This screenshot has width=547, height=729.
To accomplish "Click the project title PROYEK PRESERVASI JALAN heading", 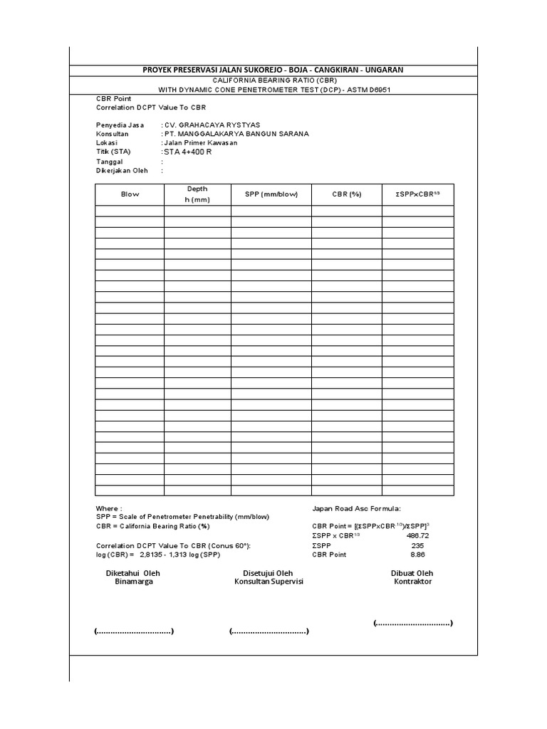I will tap(273, 69).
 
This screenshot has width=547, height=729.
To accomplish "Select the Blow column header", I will tap(130, 194).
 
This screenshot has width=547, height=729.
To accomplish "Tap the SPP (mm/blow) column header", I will tap(271, 194).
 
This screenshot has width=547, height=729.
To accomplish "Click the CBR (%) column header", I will tap(346, 194).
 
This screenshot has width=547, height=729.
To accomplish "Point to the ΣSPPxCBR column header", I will tap(417, 194).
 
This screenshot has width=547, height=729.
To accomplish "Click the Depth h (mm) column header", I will tap(197, 194).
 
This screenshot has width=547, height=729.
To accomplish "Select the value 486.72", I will tap(417, 535).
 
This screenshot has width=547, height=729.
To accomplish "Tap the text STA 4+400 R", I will tap(188, 152).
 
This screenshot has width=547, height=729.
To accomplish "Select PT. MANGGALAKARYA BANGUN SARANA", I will tap(236, 134).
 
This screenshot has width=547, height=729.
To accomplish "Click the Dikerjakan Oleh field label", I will tap(122, 171).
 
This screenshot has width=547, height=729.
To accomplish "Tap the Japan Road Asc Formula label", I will tap(356, 508).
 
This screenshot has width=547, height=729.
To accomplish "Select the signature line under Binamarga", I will tap(134, 631).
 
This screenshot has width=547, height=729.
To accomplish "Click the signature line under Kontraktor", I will tap(413, 623).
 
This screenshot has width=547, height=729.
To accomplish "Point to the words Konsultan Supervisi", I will tap(269, 582).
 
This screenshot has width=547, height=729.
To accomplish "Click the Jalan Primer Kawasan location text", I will tap(199, 143).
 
